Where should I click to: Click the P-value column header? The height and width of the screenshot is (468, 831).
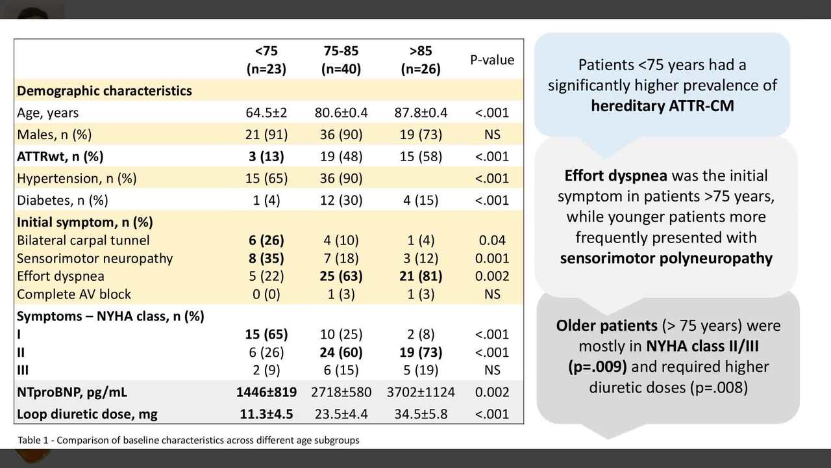click(492, 60)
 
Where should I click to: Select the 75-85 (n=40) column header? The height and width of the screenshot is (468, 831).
click(341, 60)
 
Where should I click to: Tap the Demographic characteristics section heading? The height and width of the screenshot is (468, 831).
click(105, 90)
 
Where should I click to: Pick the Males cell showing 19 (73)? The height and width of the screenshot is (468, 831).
click(421, 135)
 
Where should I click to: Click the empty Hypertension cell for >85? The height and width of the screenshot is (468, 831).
click(421, 178)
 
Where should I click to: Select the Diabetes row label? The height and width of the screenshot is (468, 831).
click(62, 200)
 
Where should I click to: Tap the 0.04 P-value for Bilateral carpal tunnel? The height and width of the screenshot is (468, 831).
click(492, 240)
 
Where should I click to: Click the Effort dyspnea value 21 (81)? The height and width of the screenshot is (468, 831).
click(421, 276)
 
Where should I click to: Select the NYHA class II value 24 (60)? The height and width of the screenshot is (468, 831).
click(341, 352)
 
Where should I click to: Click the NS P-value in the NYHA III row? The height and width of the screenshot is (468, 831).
click(492, 370)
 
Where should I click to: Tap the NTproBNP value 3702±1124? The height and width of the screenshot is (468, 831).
click(421, 392)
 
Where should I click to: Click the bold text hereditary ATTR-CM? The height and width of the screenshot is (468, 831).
click(662, 105)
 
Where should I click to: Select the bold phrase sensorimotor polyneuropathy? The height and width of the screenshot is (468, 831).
click(666, 258)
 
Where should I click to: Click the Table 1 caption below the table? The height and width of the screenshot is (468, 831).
click(188, 440)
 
